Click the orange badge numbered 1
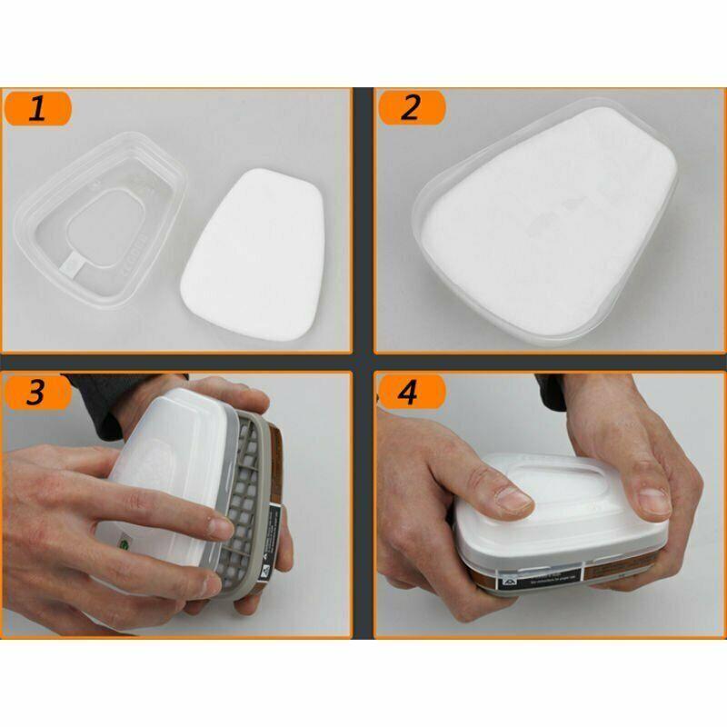pos(38,110)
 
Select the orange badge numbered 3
pos(38,393)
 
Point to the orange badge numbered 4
pos(411,393)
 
